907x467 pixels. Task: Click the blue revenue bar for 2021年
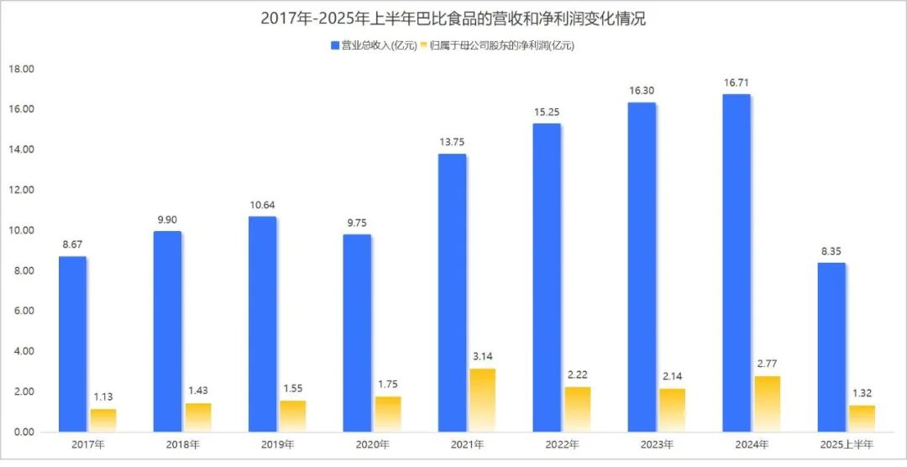453,292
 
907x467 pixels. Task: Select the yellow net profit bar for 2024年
768,404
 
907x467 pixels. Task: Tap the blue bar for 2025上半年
831,347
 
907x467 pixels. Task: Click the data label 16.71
736,83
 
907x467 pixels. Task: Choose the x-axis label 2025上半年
847,443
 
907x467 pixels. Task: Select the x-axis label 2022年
562,443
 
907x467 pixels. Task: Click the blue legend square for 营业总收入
334,45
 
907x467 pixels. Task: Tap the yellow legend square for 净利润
423,45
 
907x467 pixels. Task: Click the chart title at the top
453,18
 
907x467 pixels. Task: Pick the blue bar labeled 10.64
263,324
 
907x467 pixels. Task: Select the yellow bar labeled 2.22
578,409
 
